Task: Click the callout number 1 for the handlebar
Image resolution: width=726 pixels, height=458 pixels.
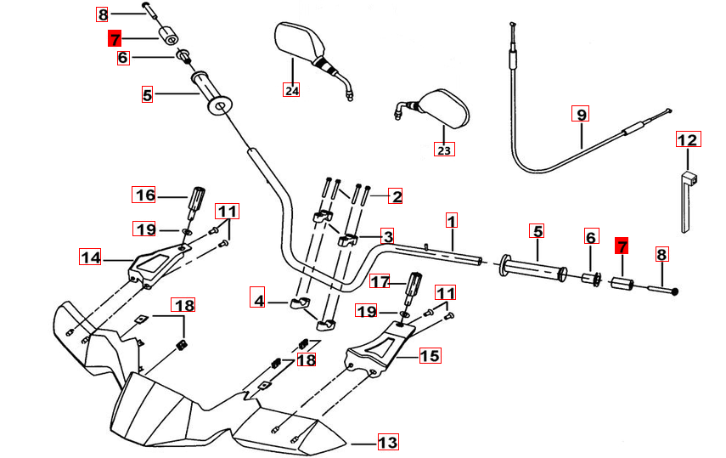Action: pyautogui.click(x=452, y=221)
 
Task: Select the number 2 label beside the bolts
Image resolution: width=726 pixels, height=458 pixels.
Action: pyautogui.click(x=396, y=196)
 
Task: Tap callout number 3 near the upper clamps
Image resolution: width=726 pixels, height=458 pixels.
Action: pyautogui.click(x=387, y=235)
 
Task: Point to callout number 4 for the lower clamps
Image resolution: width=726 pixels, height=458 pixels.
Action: pyautogui.click(x=258, y=300)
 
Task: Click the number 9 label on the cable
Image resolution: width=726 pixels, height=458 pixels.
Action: pyautogui.click(x=581, y=114)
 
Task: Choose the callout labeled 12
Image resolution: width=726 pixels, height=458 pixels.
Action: pyautogui.click(x=687, y=140)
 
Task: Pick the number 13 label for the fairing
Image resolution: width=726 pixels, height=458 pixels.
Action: pyautogui.click(x=387, y=442)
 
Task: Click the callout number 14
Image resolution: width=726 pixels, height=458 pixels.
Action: pyautogui.click(x=90, y=256)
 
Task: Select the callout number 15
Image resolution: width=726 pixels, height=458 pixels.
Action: pyautogui.click(x=431, y=355)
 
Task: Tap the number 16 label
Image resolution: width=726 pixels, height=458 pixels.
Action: pyautogui.click(x=145, y=195)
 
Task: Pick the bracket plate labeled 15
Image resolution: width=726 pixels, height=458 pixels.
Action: pyautogui.click(x=380, y=350)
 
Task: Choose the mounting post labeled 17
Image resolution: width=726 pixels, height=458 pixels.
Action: pyautogui.click(x=415, y=286)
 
